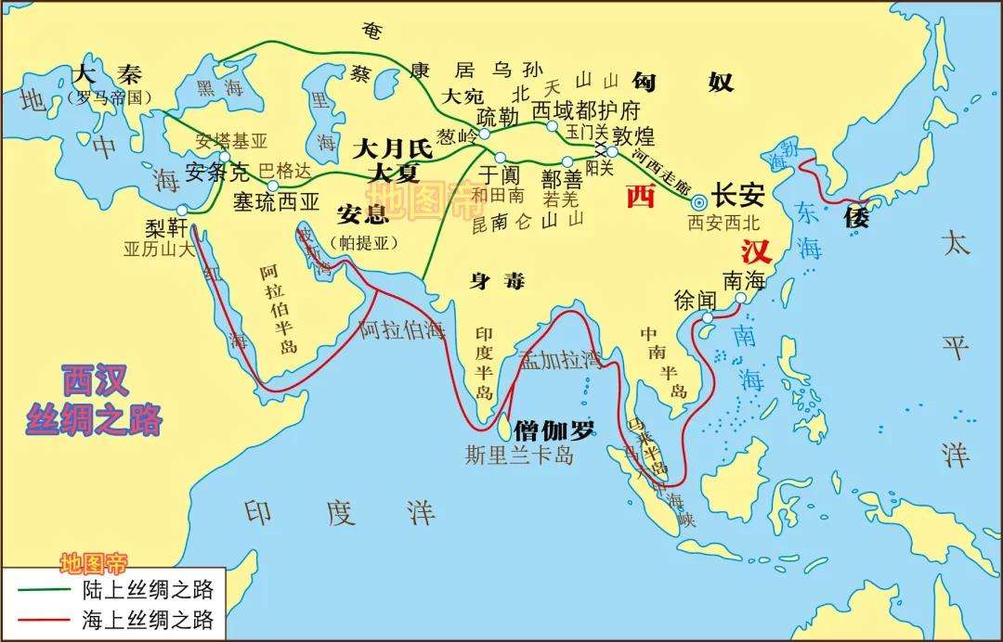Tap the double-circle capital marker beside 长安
699,201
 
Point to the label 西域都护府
586,110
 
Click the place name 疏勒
500,117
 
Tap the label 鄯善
562,177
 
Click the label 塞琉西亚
276,200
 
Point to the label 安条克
218,172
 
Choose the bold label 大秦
98,74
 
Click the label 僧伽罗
554,430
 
